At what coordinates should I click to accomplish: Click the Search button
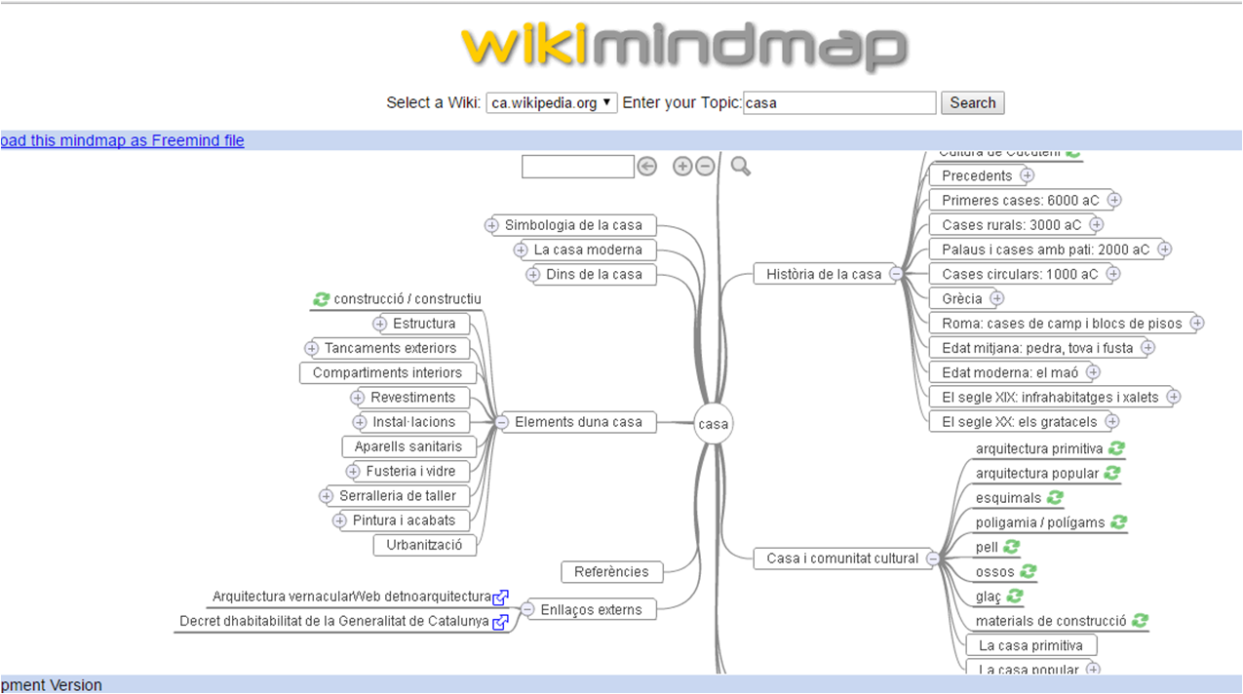point(972,102)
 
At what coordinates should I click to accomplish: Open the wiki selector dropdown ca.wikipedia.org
point(552,102)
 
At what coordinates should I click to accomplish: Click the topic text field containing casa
point(839,102)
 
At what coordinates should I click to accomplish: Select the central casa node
point(714,424)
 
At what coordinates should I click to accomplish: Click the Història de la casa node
point(823,274)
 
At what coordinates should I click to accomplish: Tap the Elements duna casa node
point(578,422)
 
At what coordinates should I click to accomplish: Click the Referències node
point(611,572)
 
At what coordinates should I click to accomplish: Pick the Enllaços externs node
point(591,609)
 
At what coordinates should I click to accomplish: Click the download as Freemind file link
point(122,140)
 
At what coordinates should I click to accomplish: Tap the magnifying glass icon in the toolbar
point(741,167)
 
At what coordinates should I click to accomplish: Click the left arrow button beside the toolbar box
point(647,167)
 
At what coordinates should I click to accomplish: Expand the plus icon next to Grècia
point(996,298)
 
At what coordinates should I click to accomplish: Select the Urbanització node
point(424,545)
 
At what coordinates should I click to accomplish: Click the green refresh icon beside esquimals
point(1057,498)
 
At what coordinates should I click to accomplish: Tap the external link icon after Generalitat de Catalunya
point(501,622)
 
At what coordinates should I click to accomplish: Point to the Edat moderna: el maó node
point(1003,372)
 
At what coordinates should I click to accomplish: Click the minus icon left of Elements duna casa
point(501,422)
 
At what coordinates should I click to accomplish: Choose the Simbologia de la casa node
point(573,225)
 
